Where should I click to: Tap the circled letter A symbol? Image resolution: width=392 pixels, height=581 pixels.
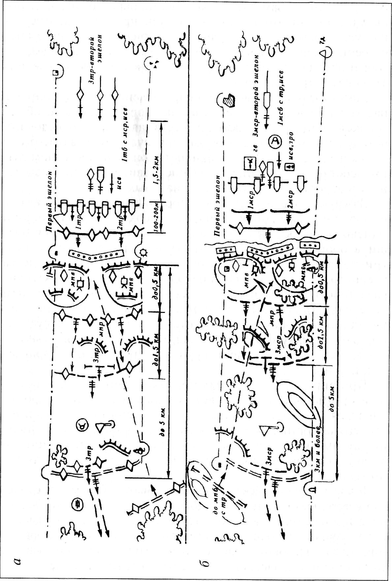point(275,142)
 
